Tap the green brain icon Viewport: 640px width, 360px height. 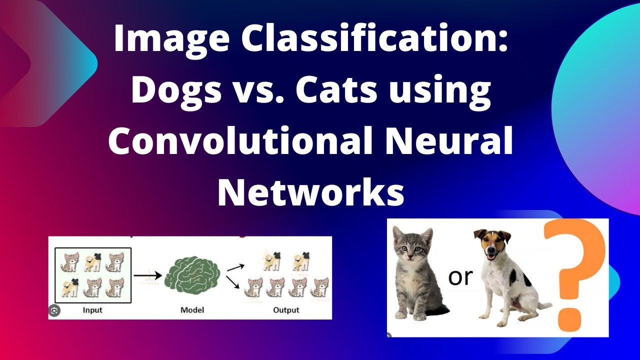tap(192, 278)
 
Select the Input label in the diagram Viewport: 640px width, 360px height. tap(92, 310)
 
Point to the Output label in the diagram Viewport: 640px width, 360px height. tap(286, 310)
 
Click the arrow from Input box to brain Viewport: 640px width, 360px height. tap(147, 275)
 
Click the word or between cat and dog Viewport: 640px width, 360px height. tap(460, 277)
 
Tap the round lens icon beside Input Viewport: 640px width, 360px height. tap(54, 311)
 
